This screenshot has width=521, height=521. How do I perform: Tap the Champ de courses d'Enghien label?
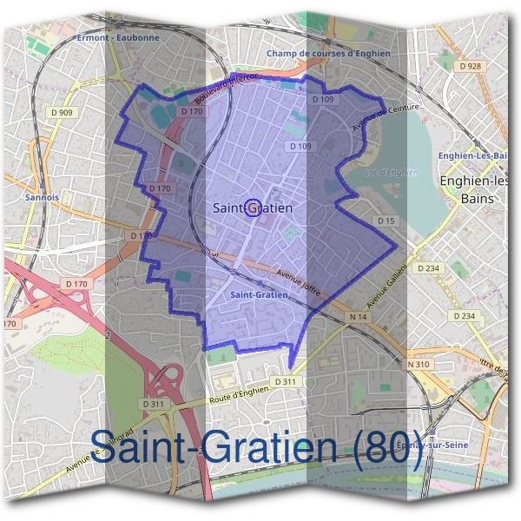[x=328, y=53]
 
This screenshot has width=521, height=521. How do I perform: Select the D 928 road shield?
[x=471, y=66]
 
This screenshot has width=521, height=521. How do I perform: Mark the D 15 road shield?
[x=386, y=221]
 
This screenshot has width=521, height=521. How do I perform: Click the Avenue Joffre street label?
[x=298, y=281]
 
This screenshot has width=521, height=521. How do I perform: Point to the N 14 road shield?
[x=358, y=318]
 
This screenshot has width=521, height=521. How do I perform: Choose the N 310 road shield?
[x=419, y=364]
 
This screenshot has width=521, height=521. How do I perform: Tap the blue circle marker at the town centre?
[x=253, y=207]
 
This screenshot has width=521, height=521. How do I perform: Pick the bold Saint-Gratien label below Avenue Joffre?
[x=260, y=295]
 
